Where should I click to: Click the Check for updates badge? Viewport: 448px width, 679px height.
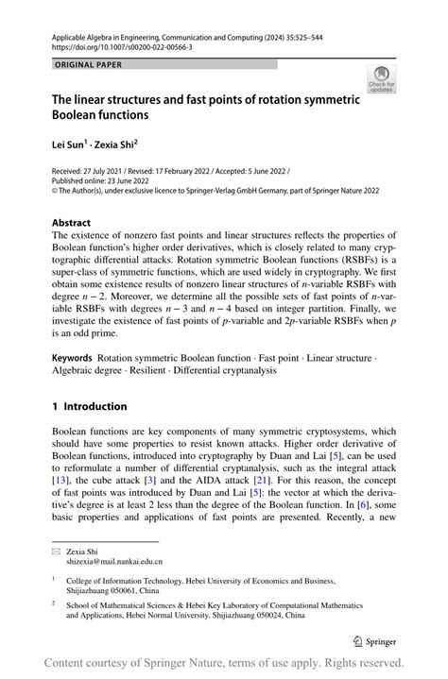click(381, 80)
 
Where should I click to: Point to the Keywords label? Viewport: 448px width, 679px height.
click(72, 359)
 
